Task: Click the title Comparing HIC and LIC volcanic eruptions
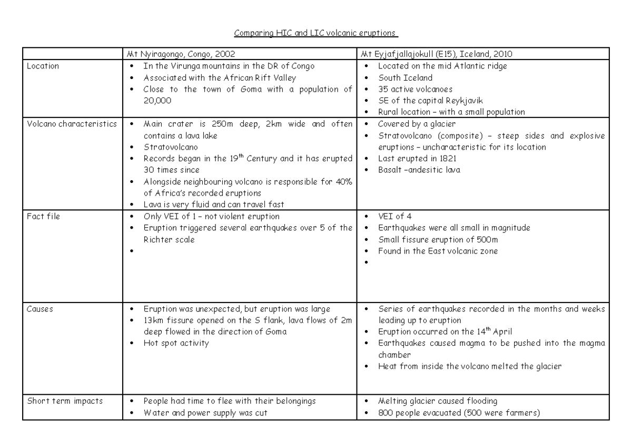316,33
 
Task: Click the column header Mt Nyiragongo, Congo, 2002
179,54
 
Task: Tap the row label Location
43,66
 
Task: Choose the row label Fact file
43,216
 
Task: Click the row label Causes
39,309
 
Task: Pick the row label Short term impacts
57,401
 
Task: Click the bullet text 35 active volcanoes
415,89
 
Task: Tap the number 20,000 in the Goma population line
157,101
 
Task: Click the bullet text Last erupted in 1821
416,158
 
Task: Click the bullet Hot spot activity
176,343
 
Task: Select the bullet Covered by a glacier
417,124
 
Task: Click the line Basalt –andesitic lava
419,170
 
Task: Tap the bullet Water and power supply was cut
205,413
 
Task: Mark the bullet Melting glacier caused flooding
438,401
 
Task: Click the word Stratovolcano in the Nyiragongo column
170,147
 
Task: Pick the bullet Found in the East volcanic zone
438,251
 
